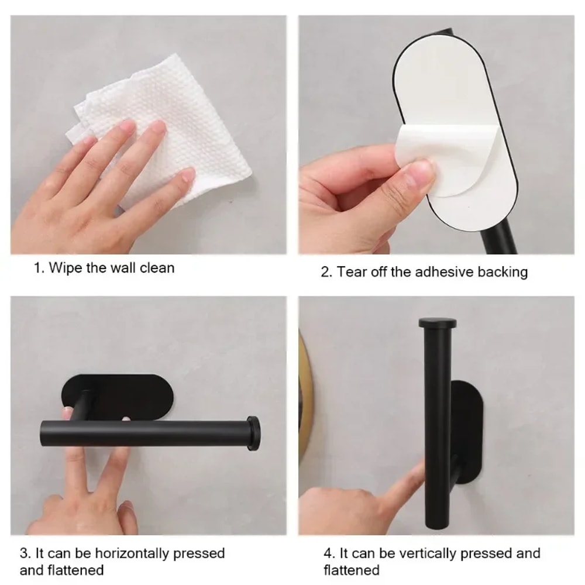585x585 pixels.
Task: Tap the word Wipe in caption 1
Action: [64, 269]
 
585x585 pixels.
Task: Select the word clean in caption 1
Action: [156, 269]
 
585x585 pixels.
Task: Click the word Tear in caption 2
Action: [352, 272]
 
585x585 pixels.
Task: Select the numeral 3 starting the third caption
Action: [23, 553]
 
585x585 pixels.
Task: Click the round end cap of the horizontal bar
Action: [253, 433]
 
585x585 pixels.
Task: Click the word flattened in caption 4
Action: [352, 570]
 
